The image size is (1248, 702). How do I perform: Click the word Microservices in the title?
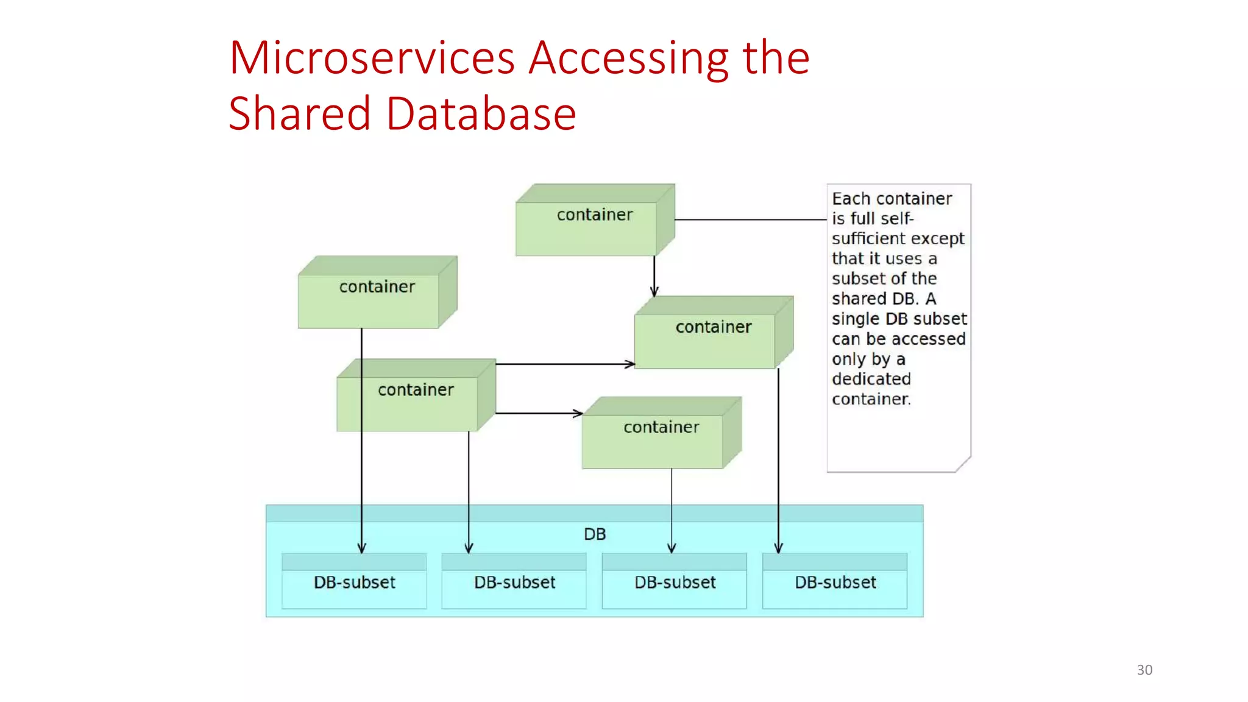coord(372,58)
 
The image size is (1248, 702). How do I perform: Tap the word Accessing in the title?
coord(628,59)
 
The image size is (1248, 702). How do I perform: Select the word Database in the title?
coord(481,114)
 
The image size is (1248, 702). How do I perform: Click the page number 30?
coord(1144,670)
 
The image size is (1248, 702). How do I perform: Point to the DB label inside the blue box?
coord(595,534)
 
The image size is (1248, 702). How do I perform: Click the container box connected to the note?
coord(586,229)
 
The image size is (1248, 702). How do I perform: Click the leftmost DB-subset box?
coord(354,583)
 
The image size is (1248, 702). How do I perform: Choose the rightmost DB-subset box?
coord(835,583)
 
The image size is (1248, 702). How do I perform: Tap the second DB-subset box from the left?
coord(514,583)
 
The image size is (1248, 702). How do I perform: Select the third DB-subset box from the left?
coord(675,583)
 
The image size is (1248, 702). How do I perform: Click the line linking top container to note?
coord(750,219)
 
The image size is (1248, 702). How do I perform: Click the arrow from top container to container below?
coord(654,274)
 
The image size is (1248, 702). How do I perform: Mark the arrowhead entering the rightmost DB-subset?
coord(778,548)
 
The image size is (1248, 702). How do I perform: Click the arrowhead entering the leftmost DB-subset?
coord(361,548)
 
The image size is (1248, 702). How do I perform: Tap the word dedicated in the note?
coord(871,379)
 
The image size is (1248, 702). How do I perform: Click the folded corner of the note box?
coord(963,465)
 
